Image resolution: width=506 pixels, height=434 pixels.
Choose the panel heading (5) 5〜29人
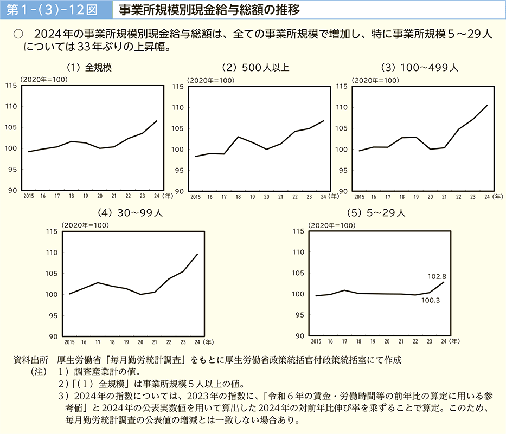[378, 213]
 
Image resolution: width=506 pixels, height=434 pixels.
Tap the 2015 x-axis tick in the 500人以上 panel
[195, 196]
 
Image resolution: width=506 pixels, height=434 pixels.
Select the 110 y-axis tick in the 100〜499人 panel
[341, 107]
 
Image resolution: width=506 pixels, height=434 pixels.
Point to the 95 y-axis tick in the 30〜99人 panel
[53, 315]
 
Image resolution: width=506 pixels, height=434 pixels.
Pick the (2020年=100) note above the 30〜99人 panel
[85, 225]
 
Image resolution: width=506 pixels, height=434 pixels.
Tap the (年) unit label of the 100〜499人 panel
[498, 196]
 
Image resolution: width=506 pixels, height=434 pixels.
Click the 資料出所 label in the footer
[34, 360]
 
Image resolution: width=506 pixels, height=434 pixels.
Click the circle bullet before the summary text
[18, 34]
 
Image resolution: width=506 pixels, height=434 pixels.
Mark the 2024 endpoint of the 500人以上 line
[323, 121]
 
